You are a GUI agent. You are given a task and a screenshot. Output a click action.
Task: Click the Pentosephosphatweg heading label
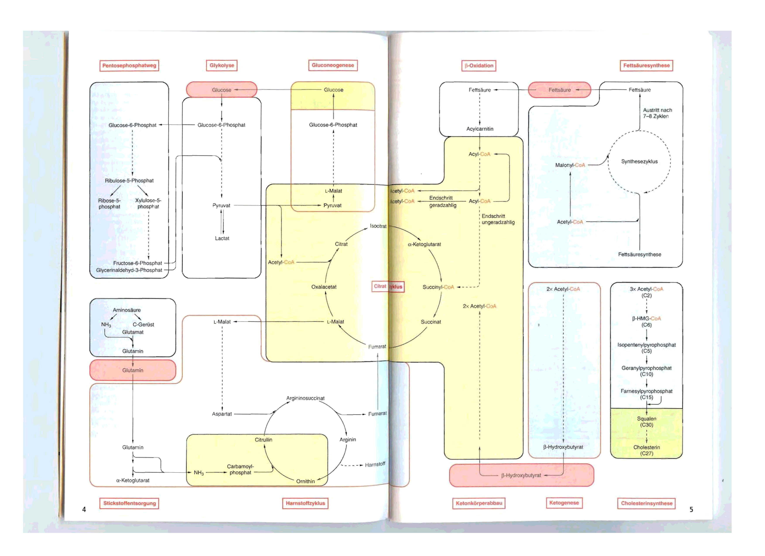(x=129, y=65)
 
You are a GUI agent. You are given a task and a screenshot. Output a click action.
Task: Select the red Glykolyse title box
(x=222, y=65)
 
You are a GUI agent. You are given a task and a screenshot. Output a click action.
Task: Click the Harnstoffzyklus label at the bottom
(x=305, y=503)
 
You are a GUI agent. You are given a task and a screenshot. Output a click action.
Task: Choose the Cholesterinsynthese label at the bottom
(x=646, y=503)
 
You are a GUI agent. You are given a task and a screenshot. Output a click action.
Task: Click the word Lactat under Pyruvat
(x=222, y=238)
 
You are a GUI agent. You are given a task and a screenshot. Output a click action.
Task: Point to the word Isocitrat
(x=378, y=226)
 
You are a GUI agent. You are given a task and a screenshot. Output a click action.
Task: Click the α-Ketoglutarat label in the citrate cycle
(x=424, y=244)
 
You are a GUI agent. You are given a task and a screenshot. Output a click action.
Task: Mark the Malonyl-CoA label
(x=570, y=165)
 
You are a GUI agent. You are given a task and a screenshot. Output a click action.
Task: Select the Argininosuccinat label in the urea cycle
(x=305, y=398)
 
